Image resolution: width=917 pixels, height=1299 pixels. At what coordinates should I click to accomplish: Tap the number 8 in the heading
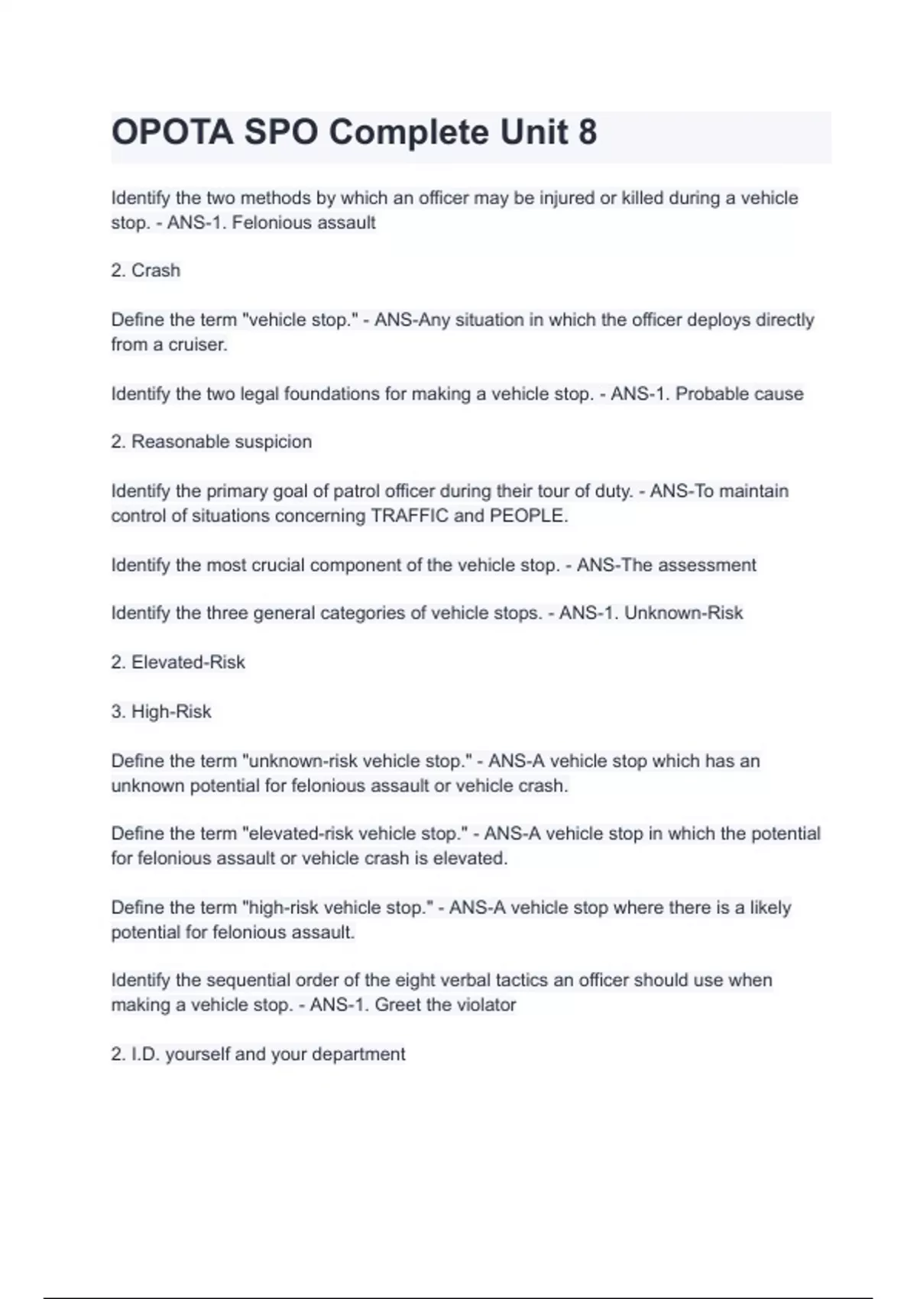point(588,133)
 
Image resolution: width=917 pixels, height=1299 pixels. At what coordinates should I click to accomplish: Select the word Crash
point(156,270)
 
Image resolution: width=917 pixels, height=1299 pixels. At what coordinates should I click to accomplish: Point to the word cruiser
point(197,345)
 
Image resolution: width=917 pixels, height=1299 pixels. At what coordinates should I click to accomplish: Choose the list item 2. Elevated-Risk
point(178,662)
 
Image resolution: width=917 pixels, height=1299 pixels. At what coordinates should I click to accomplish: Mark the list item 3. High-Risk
point(161,712)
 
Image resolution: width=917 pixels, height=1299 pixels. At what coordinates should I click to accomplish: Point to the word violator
point(486,1005)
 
